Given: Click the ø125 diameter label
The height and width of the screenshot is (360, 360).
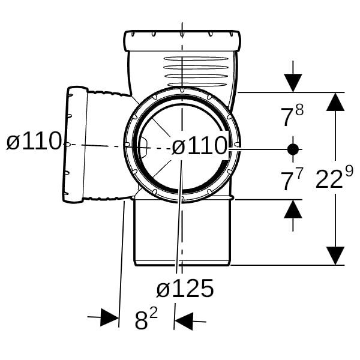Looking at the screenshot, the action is coord(185,288).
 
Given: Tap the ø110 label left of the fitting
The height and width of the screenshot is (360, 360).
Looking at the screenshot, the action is coord(34,141).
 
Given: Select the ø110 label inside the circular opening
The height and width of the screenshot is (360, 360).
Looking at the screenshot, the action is coord(199,146).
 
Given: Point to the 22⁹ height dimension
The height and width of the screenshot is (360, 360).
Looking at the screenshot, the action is coord(335,177).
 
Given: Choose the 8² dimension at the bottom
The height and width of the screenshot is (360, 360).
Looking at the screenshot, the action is coord(146,318).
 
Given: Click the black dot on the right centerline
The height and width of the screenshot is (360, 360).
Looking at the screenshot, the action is coord(293,149).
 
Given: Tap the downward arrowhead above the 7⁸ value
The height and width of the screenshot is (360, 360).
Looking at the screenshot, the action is coord(293,83).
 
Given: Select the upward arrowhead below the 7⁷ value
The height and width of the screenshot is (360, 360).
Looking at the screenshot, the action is coord(293,209).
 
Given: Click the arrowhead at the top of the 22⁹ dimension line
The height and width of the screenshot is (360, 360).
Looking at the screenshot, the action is coord(335,102).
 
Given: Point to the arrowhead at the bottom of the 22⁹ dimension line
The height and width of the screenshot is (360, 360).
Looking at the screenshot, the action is coord(335,256).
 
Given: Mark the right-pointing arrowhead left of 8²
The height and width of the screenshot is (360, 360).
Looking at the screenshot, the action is coord(110,317).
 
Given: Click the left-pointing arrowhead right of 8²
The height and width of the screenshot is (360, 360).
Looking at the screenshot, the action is coord(184,321).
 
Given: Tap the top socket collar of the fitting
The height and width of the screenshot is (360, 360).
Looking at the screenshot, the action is coord(182,40).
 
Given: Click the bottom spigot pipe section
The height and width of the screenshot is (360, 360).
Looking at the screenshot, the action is coord(182,232).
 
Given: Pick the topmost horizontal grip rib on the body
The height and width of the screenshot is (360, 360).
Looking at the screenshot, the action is coord(196,59).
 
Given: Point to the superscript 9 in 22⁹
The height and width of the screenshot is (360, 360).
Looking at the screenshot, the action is coord(349,171).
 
